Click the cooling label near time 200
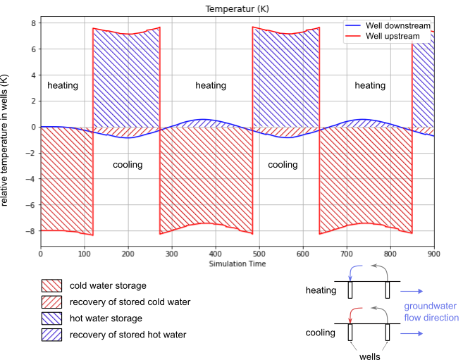point(128,165)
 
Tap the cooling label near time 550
point(283,165)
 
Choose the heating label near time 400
point(211,85)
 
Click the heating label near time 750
point(370,85)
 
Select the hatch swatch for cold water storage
point(51,285)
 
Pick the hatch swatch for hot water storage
point(51,318)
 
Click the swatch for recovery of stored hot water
point(51,335)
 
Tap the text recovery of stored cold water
point(130,302)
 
